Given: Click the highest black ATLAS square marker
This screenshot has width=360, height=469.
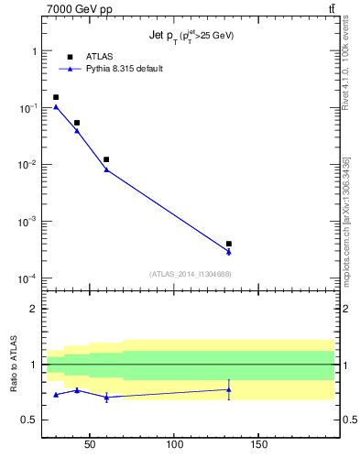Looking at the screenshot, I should click(x=56, y=97).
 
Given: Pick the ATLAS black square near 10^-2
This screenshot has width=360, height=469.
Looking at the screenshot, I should click(x=106, y=159).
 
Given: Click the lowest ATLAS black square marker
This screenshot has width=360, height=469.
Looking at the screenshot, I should click(x=229, y=244).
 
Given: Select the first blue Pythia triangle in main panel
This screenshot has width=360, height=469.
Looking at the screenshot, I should click(x=56, y=106).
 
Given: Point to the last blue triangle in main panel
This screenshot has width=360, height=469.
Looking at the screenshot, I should click(x=229, y=252).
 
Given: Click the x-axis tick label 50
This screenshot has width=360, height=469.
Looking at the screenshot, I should click(x=90, y=446).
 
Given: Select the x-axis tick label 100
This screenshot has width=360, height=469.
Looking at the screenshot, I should click(x=174, y=446).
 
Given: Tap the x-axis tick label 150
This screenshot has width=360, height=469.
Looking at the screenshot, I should click(x=258, y=446).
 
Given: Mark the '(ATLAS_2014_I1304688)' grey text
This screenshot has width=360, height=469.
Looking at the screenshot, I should click(x=190, y=274).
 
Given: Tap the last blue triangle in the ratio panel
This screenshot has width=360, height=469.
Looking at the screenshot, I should click(x=229, y=389).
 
